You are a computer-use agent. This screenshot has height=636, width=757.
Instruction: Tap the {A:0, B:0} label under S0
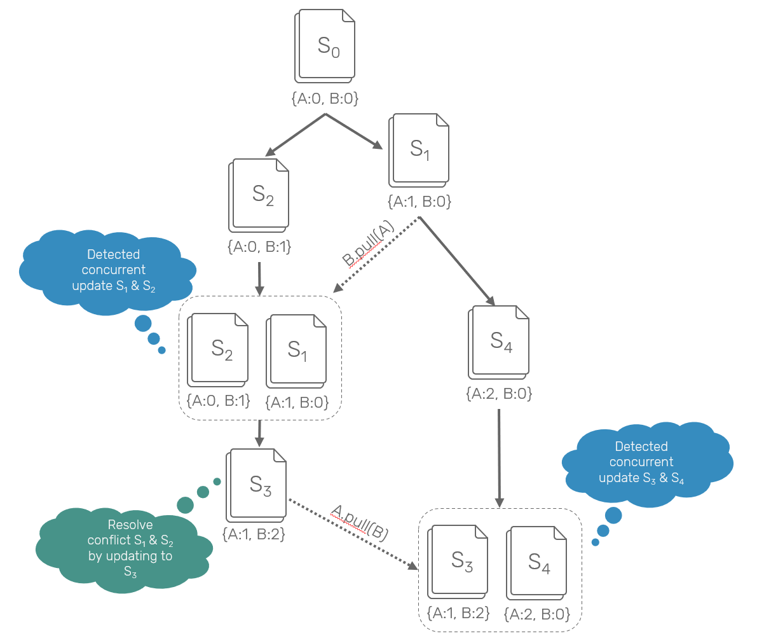point(325,99)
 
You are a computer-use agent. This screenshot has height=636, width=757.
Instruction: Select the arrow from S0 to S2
point(296,134)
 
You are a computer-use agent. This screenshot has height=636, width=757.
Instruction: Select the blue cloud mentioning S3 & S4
point(645,462)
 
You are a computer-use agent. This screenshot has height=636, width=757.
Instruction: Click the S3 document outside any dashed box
point(257,483)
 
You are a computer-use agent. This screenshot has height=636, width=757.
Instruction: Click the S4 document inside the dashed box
point(537,562)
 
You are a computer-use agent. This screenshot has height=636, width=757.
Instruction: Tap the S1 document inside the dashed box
point(297,349)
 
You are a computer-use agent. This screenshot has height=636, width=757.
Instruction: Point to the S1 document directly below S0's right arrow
point(419,149)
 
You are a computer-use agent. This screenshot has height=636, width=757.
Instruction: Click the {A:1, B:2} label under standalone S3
point(254,535)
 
